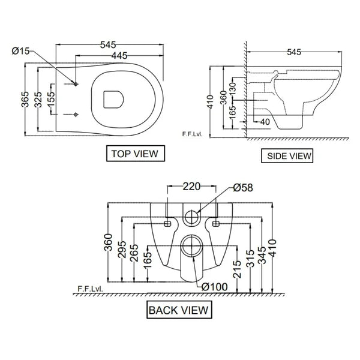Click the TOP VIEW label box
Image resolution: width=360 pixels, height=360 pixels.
(134, 154)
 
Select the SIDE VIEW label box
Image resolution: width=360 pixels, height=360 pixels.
(289, 156)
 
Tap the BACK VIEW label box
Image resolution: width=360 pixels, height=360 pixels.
(179, 310)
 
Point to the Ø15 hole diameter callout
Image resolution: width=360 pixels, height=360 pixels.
(21, 51)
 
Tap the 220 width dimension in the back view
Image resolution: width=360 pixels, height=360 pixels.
(191, 187)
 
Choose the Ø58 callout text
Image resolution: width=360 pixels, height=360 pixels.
(242, 188)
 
